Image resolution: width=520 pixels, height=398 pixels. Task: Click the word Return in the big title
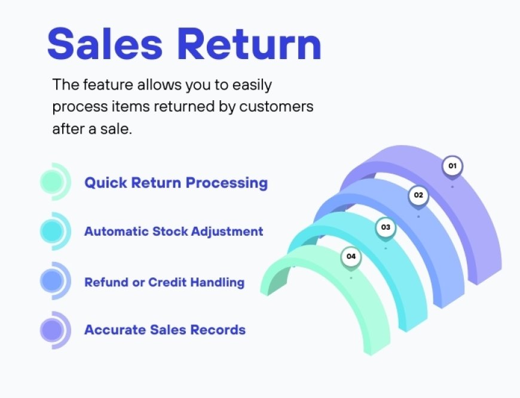(x=251, y=44)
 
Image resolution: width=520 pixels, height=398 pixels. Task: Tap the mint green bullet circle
(x=53, y=181)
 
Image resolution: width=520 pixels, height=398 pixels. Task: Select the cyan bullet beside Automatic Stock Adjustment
(x=53, y=230)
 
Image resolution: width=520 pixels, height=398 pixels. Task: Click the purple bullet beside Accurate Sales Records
(x=53, y=329)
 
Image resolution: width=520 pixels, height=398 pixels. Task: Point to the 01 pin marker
(x=452, y=166)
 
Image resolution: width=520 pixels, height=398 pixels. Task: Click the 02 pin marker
(x=418, y=195)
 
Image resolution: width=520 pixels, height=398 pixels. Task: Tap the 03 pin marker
(x=386, y=227)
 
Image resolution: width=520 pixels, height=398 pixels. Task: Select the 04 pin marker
(x=351, y=257)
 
